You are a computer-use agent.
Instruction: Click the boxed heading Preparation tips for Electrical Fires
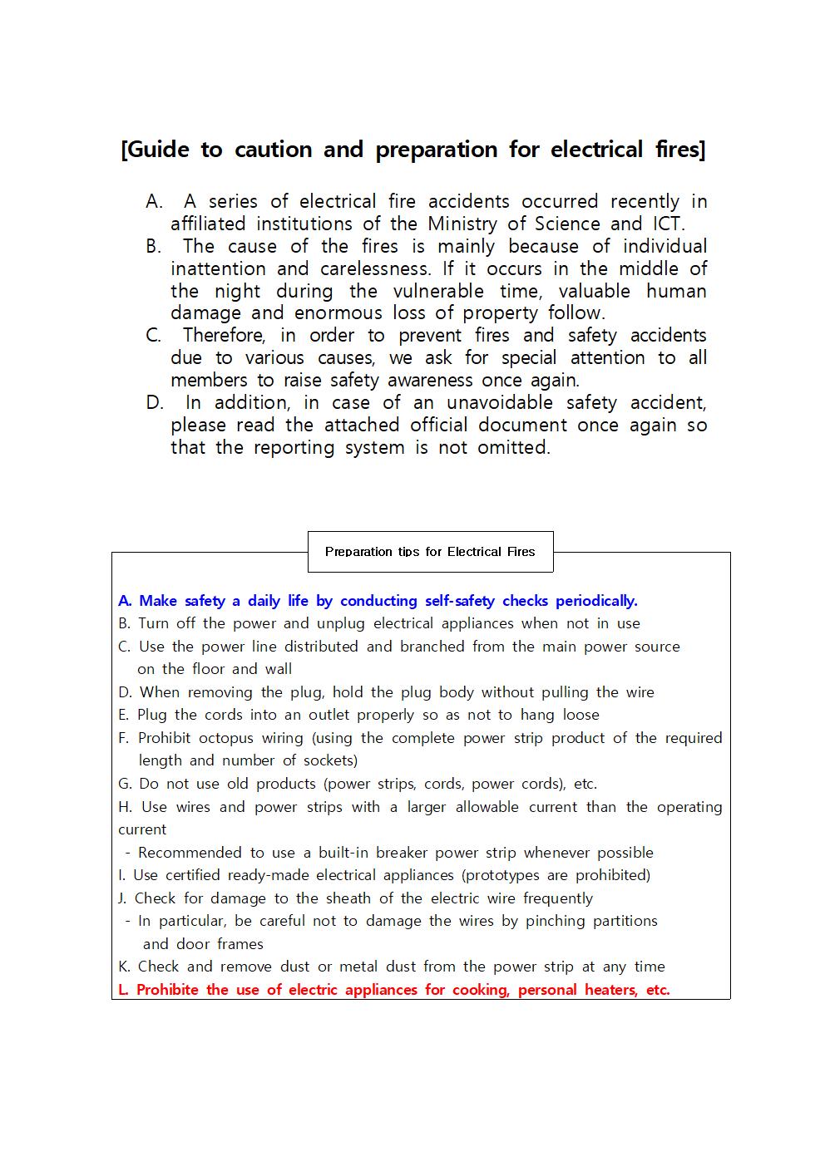click(x=430, y=552)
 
